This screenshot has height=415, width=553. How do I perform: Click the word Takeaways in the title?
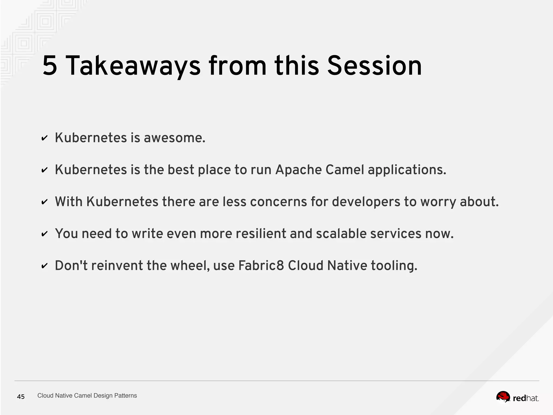pyautogui.click(x=133, y=66)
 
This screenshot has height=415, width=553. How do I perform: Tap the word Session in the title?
pyautogui.click(x=374, y=66)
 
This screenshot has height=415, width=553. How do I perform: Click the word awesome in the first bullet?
pyautogui.click(x=174, y=138)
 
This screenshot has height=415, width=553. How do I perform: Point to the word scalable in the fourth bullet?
pyautogui.click(x=341, y=234)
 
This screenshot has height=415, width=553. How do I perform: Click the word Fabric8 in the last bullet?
pyautogui.click(x=261, y=266)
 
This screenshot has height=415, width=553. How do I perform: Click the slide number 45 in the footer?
pyautogui.click(x=21, y=397)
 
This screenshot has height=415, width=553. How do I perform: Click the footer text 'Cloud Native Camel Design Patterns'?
pyautogui.click(x=87, y=396)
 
